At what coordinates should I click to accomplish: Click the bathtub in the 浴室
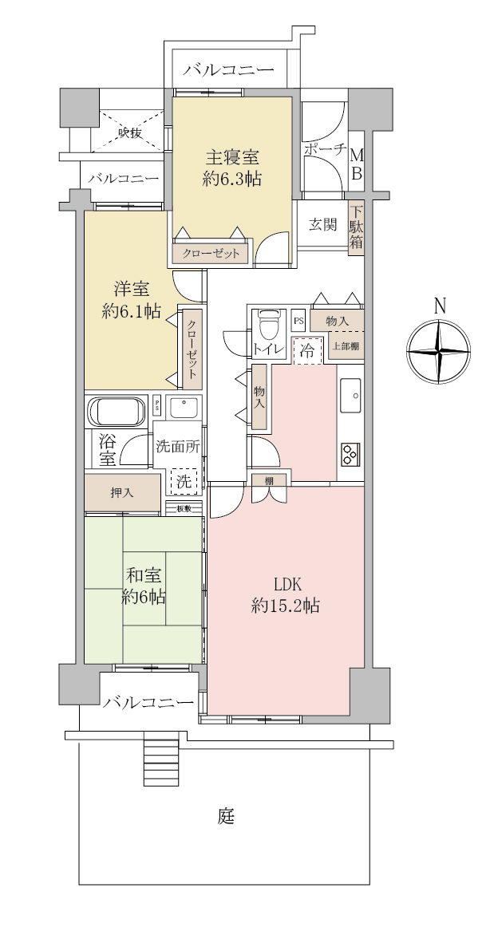pyautogui.click(x=117, y=412)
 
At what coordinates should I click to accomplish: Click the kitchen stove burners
pyautogui.click(x=350, y=454)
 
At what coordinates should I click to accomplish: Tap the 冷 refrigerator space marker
pyautogui.click(x=307, y=352)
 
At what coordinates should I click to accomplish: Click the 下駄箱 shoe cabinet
pyautogui.click(x=356, y=227)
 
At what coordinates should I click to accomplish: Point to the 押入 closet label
pyautogui.click(x=123, y=493)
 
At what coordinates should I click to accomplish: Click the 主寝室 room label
pyautogui.click(x=232, y=158)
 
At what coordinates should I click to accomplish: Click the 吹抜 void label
pyautogui.click(x=131, y=132)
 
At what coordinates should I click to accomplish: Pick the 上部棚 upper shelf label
pyautogui.click(x=345, y=347)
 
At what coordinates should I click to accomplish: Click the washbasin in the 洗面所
pyautogui.click(x=184, y=408)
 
